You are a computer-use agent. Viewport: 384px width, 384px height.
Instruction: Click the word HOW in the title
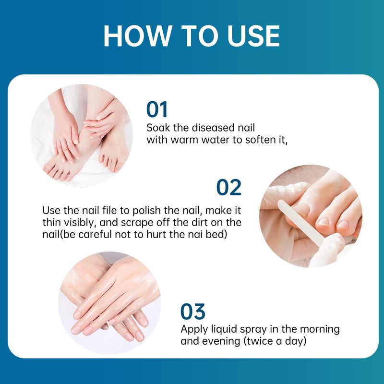tap(137, 36)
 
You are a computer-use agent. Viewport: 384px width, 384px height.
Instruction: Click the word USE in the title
tap(253, 36)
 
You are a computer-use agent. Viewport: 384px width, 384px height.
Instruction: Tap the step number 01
tap(157, 109)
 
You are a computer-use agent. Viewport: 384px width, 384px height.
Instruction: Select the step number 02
tap(229, 187)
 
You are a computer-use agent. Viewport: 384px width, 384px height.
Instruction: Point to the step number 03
tap(193, 312)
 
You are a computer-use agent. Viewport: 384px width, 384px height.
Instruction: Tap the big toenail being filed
tap(301, 209)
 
